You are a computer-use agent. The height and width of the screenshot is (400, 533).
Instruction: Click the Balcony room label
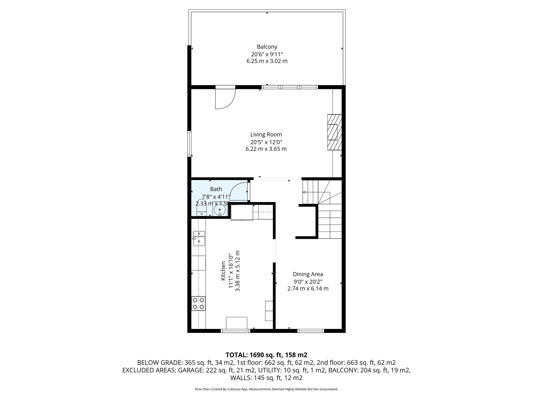pos(267,47)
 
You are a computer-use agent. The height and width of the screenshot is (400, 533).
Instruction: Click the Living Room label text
pos(266,135)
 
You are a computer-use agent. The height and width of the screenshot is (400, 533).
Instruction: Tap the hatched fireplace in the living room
pos(334,132)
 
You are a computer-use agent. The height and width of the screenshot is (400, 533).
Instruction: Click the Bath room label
pos(216,189)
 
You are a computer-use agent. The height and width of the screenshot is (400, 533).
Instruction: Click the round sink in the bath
pos(220,210)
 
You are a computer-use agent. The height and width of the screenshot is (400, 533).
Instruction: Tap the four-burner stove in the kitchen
pos(198,303)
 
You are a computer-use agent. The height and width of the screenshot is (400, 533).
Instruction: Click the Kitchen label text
pos(223,271)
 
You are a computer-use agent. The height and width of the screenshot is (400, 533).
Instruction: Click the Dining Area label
pos(308,274)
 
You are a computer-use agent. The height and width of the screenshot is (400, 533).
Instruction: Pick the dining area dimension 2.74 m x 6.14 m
pos(308,289)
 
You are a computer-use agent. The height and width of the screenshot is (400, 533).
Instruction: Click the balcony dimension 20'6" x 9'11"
pos(267,54)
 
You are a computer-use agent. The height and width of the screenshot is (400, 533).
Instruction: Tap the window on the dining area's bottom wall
pos(311,331)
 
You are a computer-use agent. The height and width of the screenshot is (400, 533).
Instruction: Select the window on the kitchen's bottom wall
pos(235,331)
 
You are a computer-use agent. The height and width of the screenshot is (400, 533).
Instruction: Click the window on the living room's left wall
pos(189,144)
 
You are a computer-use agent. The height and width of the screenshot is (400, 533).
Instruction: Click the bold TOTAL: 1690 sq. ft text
pos(266,355)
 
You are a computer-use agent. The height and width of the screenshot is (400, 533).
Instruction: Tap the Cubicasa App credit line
pos(266,389)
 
